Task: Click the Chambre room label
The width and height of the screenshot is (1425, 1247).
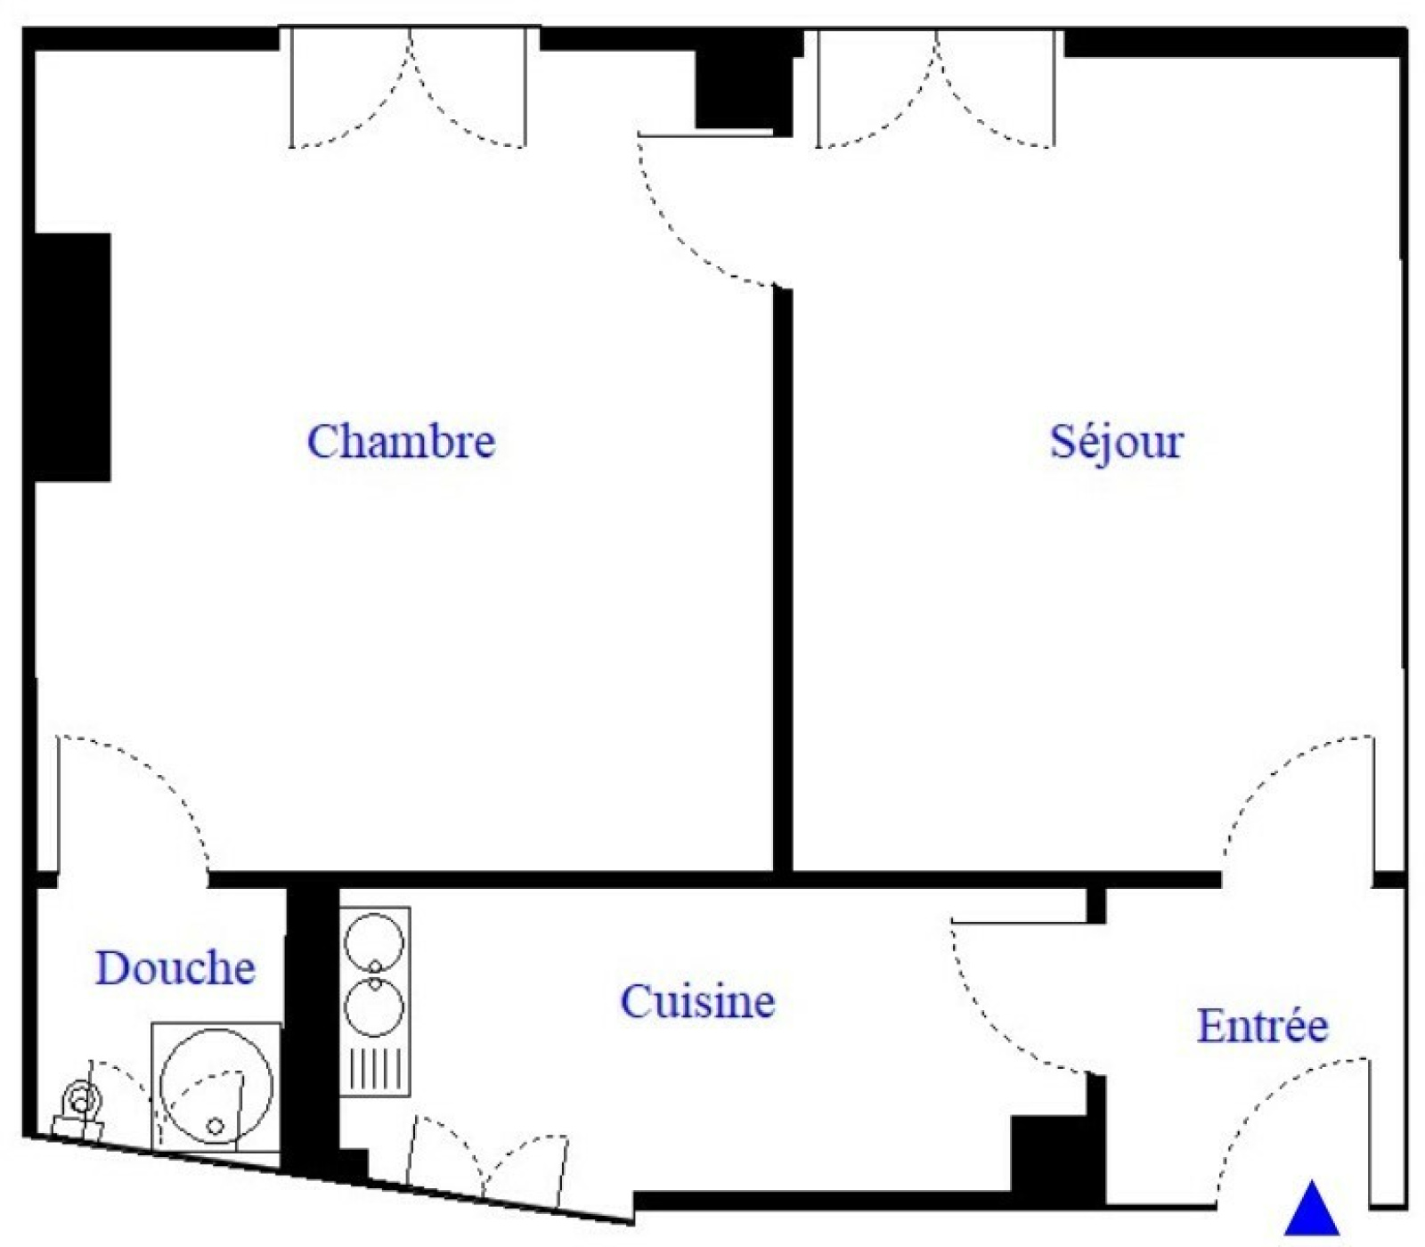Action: click(401, 442)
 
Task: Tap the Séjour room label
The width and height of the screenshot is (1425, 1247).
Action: click(1116, 442)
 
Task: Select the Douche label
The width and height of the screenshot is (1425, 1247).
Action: click(175, 968)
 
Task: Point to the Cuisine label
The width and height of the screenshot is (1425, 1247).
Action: click(697, 1002)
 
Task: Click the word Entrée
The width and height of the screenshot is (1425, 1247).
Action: click(1262, 1025)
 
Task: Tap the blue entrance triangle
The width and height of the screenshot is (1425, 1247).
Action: click(1312, 1209)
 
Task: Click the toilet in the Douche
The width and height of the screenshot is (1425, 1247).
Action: click(80, 1109)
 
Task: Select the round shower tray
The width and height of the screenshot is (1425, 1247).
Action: click(216, 1087)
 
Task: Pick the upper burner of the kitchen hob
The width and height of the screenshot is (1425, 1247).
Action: click(374, 942)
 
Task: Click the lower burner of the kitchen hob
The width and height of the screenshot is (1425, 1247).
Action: click(374, 1007)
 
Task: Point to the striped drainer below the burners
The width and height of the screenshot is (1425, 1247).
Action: click(375, 1069)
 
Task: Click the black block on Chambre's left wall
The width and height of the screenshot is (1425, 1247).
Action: click(72, 357)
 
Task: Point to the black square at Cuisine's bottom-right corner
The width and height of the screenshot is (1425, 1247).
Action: click(1058, 1156)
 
